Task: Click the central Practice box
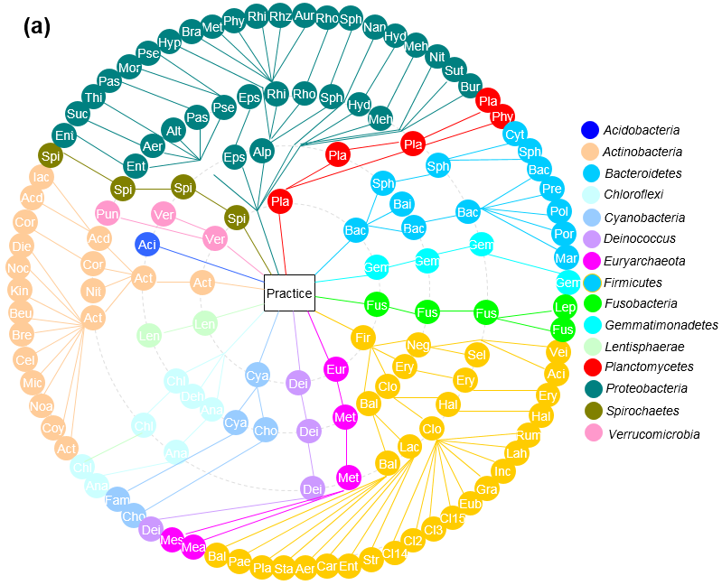pos(289,293)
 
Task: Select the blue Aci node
pos(147,244)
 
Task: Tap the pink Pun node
pos(108,215)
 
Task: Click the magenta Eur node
pos(336,368)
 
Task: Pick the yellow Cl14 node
pos(395,552)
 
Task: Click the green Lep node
pos(566,306)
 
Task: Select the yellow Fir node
pos(364,338)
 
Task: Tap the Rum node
pos(529,434)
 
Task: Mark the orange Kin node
pos(19,291)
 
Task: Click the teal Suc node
pos(79,114)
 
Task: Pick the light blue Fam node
pos(117,499)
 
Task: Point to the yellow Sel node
pos(477,355)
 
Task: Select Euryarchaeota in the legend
pos(644,261)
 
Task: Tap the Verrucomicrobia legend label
pos(652,434)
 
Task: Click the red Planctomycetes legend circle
pos(590,367)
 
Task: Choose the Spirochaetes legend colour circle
pos(590,412)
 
